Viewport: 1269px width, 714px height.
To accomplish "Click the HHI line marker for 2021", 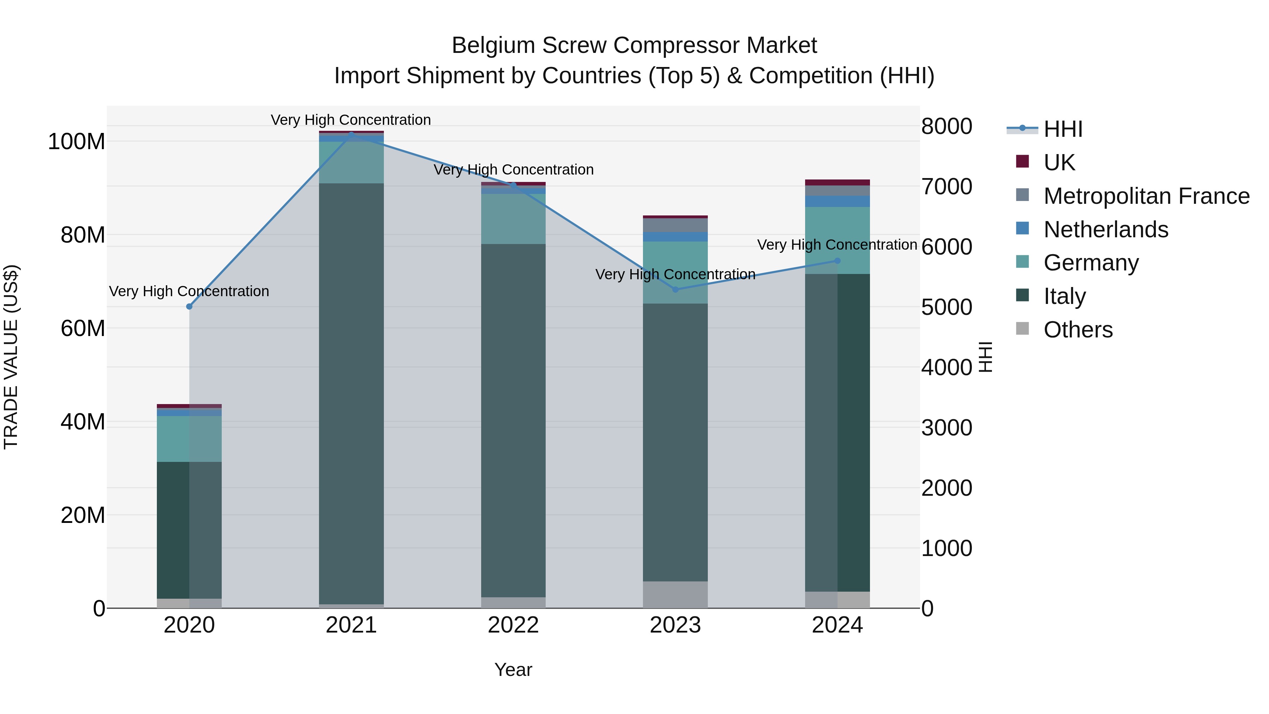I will (x=351, y=134).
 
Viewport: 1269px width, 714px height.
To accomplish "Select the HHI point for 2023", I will (x=675, y=289).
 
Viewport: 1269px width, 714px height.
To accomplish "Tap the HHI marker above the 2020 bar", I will (x=189, y=306).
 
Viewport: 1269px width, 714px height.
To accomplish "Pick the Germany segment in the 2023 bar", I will (x=675, y=272).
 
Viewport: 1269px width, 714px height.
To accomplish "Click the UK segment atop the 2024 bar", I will (x=838, y=182).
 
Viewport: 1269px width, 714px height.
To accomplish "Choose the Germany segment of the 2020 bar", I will (x=189, y=439).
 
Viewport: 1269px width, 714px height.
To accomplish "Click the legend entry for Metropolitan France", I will (x=1146, y=196).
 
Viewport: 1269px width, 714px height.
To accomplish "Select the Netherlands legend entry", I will (x=1105, y=230).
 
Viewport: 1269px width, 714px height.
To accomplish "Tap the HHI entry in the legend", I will (x=1062, y=129).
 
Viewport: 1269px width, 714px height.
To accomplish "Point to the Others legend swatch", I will (x=1023, y=329).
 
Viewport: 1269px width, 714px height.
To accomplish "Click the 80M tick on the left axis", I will (x=83, y=235).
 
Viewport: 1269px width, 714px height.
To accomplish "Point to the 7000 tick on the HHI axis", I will (x=946, y=187).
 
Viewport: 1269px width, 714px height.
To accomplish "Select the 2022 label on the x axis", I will (x=513, y=625).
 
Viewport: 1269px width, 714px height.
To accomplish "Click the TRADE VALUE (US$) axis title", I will (x=11, y=357).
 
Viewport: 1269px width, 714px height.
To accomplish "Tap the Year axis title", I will (x=513, y=670).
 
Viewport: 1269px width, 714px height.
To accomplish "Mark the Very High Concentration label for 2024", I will (x=837, y=245).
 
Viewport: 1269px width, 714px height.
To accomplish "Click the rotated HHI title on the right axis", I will (x=985, y=357).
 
